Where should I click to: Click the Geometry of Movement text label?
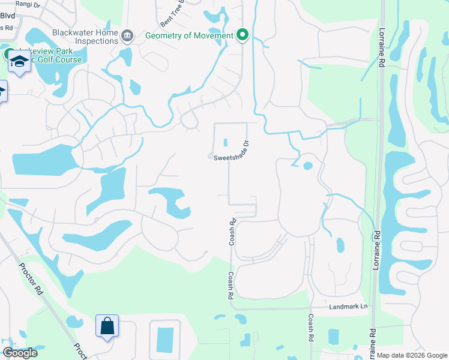pos(189,35)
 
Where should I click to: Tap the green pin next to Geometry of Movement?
pos(243,35)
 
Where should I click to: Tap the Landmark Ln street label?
pos(348,307)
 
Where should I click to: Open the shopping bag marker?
pos(107,326)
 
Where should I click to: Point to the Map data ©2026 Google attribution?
pos(412,355)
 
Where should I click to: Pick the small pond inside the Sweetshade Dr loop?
pos(226,142)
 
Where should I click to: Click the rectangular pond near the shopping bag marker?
pos(164,340)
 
